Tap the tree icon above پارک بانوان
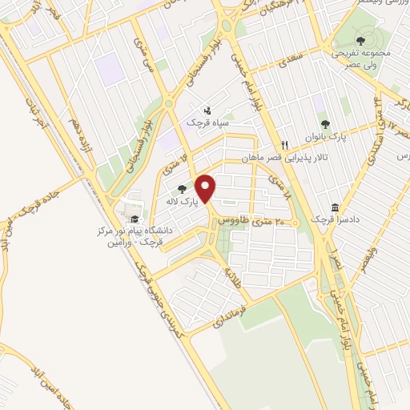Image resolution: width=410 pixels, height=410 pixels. point(325,123)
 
